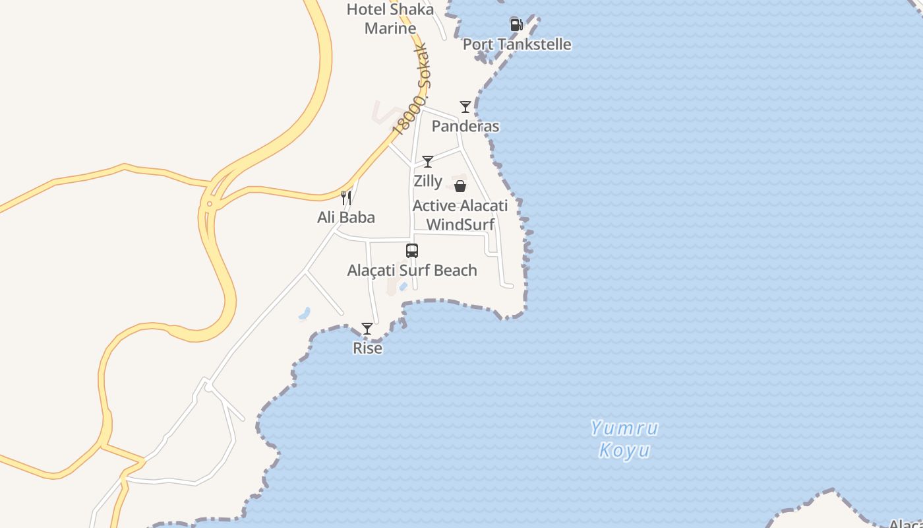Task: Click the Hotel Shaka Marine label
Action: click(x=390, y=18)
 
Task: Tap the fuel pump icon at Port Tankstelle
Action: click(x=516, y=25)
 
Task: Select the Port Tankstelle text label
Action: click(x=517, y=44)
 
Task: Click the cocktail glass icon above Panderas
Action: click(x=465, y=106)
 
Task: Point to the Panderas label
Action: click(x=465, y=126)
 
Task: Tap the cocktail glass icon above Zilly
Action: click(x=428, y=161)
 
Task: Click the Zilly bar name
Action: click(x=428, y=181)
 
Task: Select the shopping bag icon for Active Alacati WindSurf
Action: click(x=460, y=186)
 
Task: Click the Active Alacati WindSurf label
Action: click(x=460, y=215)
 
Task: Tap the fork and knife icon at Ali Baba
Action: click(x=346, y=197)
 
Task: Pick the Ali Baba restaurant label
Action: click(x=346, y=217)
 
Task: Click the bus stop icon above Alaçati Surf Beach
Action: click(x=412, y=251)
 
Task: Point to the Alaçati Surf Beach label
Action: click(x=412, y=271)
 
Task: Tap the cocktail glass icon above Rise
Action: click(x=367, y=328)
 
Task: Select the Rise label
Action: click(x=367, y=348)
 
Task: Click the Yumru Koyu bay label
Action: click(x=624, y=440)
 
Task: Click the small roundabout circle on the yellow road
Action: click(x=209, y=204)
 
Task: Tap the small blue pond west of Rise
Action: click(x=304, y=313)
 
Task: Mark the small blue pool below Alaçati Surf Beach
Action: click(x=403, y=286)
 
